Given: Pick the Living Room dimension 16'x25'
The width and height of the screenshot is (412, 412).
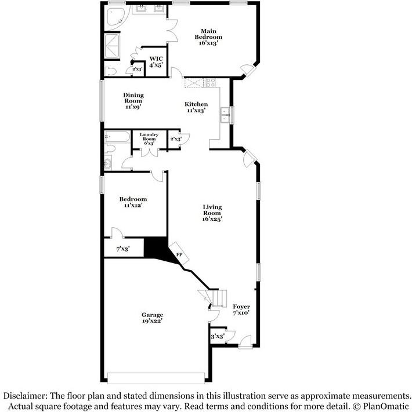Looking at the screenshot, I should coord(212,219).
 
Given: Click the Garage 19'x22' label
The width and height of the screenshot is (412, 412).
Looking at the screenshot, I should coord(151,318).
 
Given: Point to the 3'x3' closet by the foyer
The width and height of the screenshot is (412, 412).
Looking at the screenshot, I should coord(218,336).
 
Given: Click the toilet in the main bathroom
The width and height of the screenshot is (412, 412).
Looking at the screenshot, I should coord(112,70).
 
